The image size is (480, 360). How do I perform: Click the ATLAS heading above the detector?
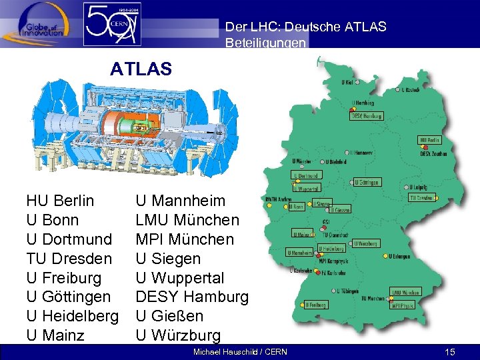[141, 69]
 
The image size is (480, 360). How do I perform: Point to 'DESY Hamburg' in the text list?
[192, 297]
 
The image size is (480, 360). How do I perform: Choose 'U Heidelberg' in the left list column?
[72, 315]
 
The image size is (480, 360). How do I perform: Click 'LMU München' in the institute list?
[187, 220]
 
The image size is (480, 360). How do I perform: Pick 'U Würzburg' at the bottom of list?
[178, 335]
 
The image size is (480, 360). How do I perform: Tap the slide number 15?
[450, 351]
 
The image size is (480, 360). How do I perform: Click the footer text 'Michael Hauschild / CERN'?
[240, 351]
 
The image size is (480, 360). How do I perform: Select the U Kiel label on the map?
[347, 83]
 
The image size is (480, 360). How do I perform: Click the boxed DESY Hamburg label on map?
[367, 115]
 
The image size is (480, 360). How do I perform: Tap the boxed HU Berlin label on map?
[429, 140]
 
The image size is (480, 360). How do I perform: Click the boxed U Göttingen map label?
[367, 182]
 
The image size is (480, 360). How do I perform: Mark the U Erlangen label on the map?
[400, 256]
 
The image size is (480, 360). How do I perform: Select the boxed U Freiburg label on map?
[315, 305]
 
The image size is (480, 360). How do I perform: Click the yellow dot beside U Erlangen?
[385, 256]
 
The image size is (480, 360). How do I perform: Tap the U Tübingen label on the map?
[347, 291]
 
